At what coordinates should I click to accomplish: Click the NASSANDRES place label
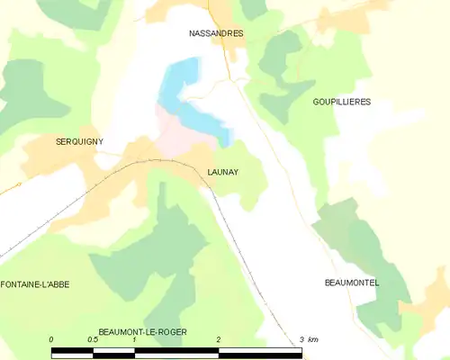[216, 33]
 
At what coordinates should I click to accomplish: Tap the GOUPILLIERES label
[341, 102]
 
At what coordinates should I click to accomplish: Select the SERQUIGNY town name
[80, 141]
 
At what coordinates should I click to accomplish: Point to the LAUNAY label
[222, 172]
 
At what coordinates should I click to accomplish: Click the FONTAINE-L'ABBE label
[36, 283]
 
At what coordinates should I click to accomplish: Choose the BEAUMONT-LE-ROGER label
[143, 331]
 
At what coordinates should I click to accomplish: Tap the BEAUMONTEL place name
[352, 283]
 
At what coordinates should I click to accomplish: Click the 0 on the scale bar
[52, 339]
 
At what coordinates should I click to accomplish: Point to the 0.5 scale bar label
[93, 339]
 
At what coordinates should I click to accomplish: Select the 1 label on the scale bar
[134, 339]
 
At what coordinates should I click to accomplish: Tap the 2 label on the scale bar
[218, 339]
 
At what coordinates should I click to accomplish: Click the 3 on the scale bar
[301, 339]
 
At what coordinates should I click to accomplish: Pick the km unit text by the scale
[313, 339]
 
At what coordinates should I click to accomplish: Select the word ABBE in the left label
[58, 283]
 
